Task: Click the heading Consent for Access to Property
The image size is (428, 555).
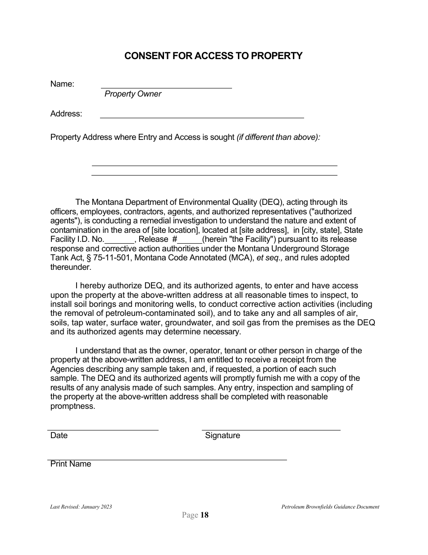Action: click(213, 56)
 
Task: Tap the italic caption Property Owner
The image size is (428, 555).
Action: click(133, 94)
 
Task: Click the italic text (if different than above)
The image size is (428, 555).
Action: click(278, 137)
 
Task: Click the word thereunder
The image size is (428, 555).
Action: click(71, 267)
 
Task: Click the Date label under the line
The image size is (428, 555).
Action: click(59, 435)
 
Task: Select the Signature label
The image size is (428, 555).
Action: click(223, 435)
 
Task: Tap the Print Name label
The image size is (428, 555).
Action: click(71, 464)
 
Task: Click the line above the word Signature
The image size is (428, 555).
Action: click(271, 430)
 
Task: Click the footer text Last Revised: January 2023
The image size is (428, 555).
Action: click(81, 507)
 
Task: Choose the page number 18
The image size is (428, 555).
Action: click(204, 515)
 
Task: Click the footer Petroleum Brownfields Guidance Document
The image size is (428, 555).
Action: click(330, 507)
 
